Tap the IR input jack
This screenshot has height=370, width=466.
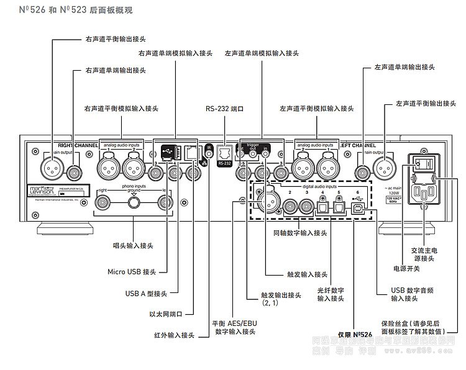209,150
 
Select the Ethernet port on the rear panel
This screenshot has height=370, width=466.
191,153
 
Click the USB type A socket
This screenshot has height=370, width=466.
176,153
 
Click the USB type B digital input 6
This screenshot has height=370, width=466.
359,207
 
